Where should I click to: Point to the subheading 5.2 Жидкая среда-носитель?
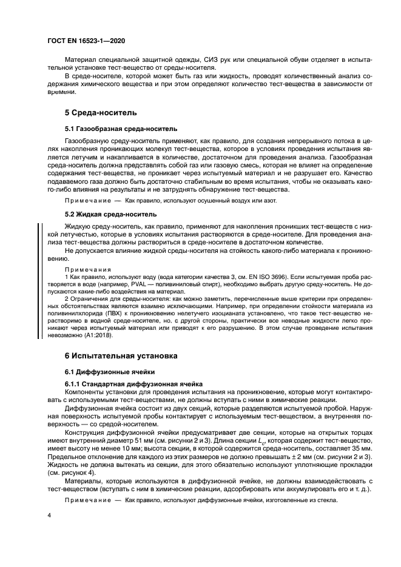point(110,214)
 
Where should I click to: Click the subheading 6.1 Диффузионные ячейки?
point(110,372)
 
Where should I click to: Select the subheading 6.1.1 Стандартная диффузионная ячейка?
point(133,385)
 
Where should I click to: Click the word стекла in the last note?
point(318,494)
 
